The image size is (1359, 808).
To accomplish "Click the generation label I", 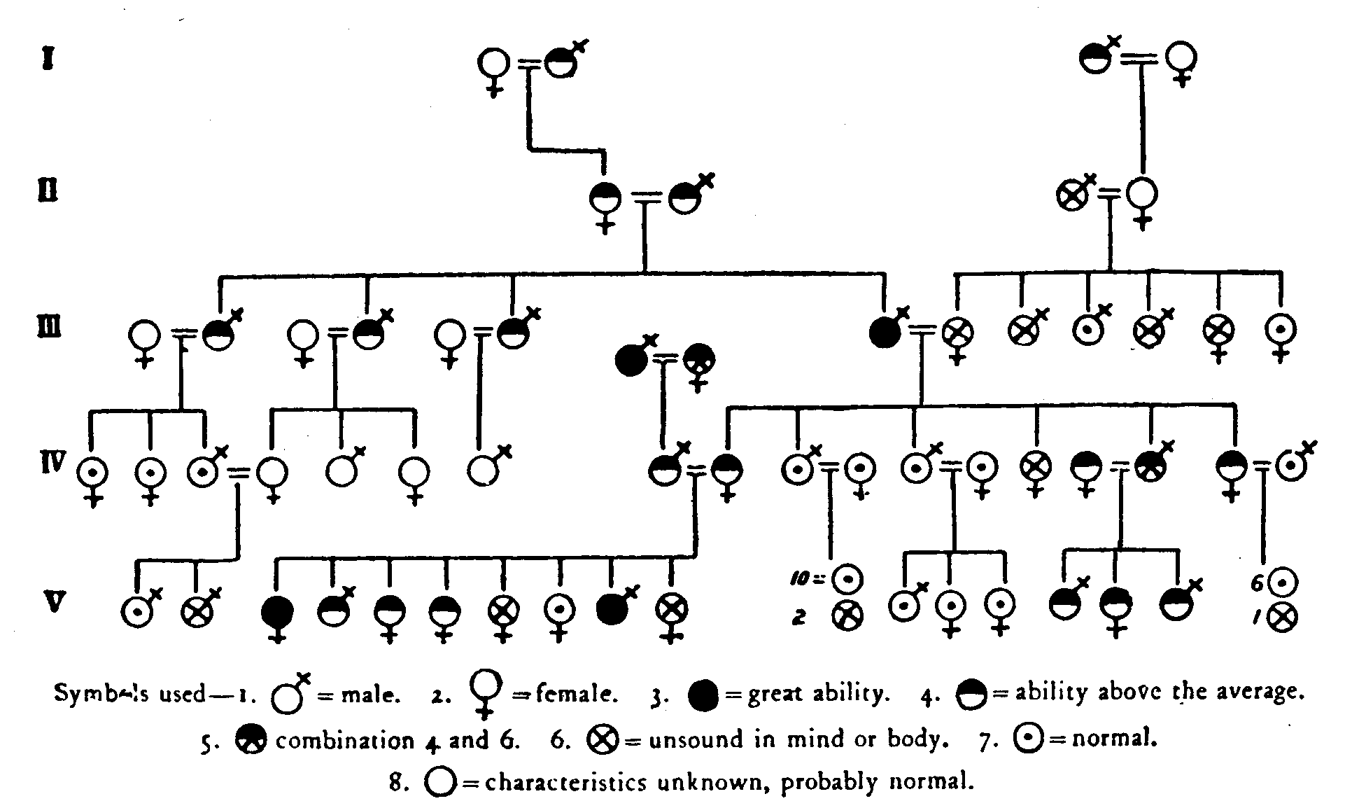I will coord(48,59).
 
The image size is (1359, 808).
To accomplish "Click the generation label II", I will coord(48,190).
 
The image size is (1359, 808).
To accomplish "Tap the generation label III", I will coord(50,328).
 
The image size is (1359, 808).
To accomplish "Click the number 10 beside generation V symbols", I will coord(799,580).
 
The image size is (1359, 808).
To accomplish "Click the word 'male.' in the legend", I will coord(370,697).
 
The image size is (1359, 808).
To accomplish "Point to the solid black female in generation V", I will coord(277,614).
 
